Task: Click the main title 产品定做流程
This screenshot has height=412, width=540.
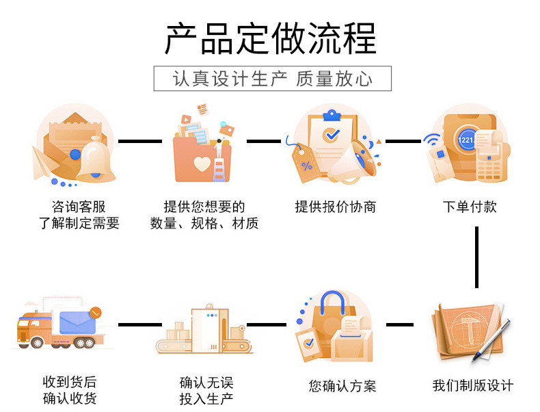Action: tap(271, 38)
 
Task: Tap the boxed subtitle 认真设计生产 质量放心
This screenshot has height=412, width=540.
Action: tap(273, 79)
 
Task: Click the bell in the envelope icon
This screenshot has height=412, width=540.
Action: tap(96, 159)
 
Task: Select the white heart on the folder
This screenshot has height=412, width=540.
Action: tap(202, 164)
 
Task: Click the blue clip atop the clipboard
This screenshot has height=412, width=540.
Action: tap(332, 116)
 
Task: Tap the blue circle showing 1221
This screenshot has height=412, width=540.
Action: tap(465, 140)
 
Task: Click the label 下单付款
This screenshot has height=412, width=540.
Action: tap(470, 207)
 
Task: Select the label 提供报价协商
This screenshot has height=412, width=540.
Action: tap(336, 207)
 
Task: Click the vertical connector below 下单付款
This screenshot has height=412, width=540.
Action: tap(476, 257)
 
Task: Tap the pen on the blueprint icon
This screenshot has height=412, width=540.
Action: tap(491, 341)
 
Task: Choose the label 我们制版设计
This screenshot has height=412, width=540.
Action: tap(473, 385)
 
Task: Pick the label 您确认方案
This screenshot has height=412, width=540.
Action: tap(342, 386)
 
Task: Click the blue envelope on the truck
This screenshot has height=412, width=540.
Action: tap(77, 322)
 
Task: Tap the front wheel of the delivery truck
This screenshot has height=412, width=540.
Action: tap(36, 343)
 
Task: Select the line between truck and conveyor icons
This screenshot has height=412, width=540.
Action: tap(140, 324)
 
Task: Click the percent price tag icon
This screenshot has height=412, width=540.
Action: tap(303, 162)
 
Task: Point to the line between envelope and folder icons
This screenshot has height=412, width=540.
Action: tap(140, 141)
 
